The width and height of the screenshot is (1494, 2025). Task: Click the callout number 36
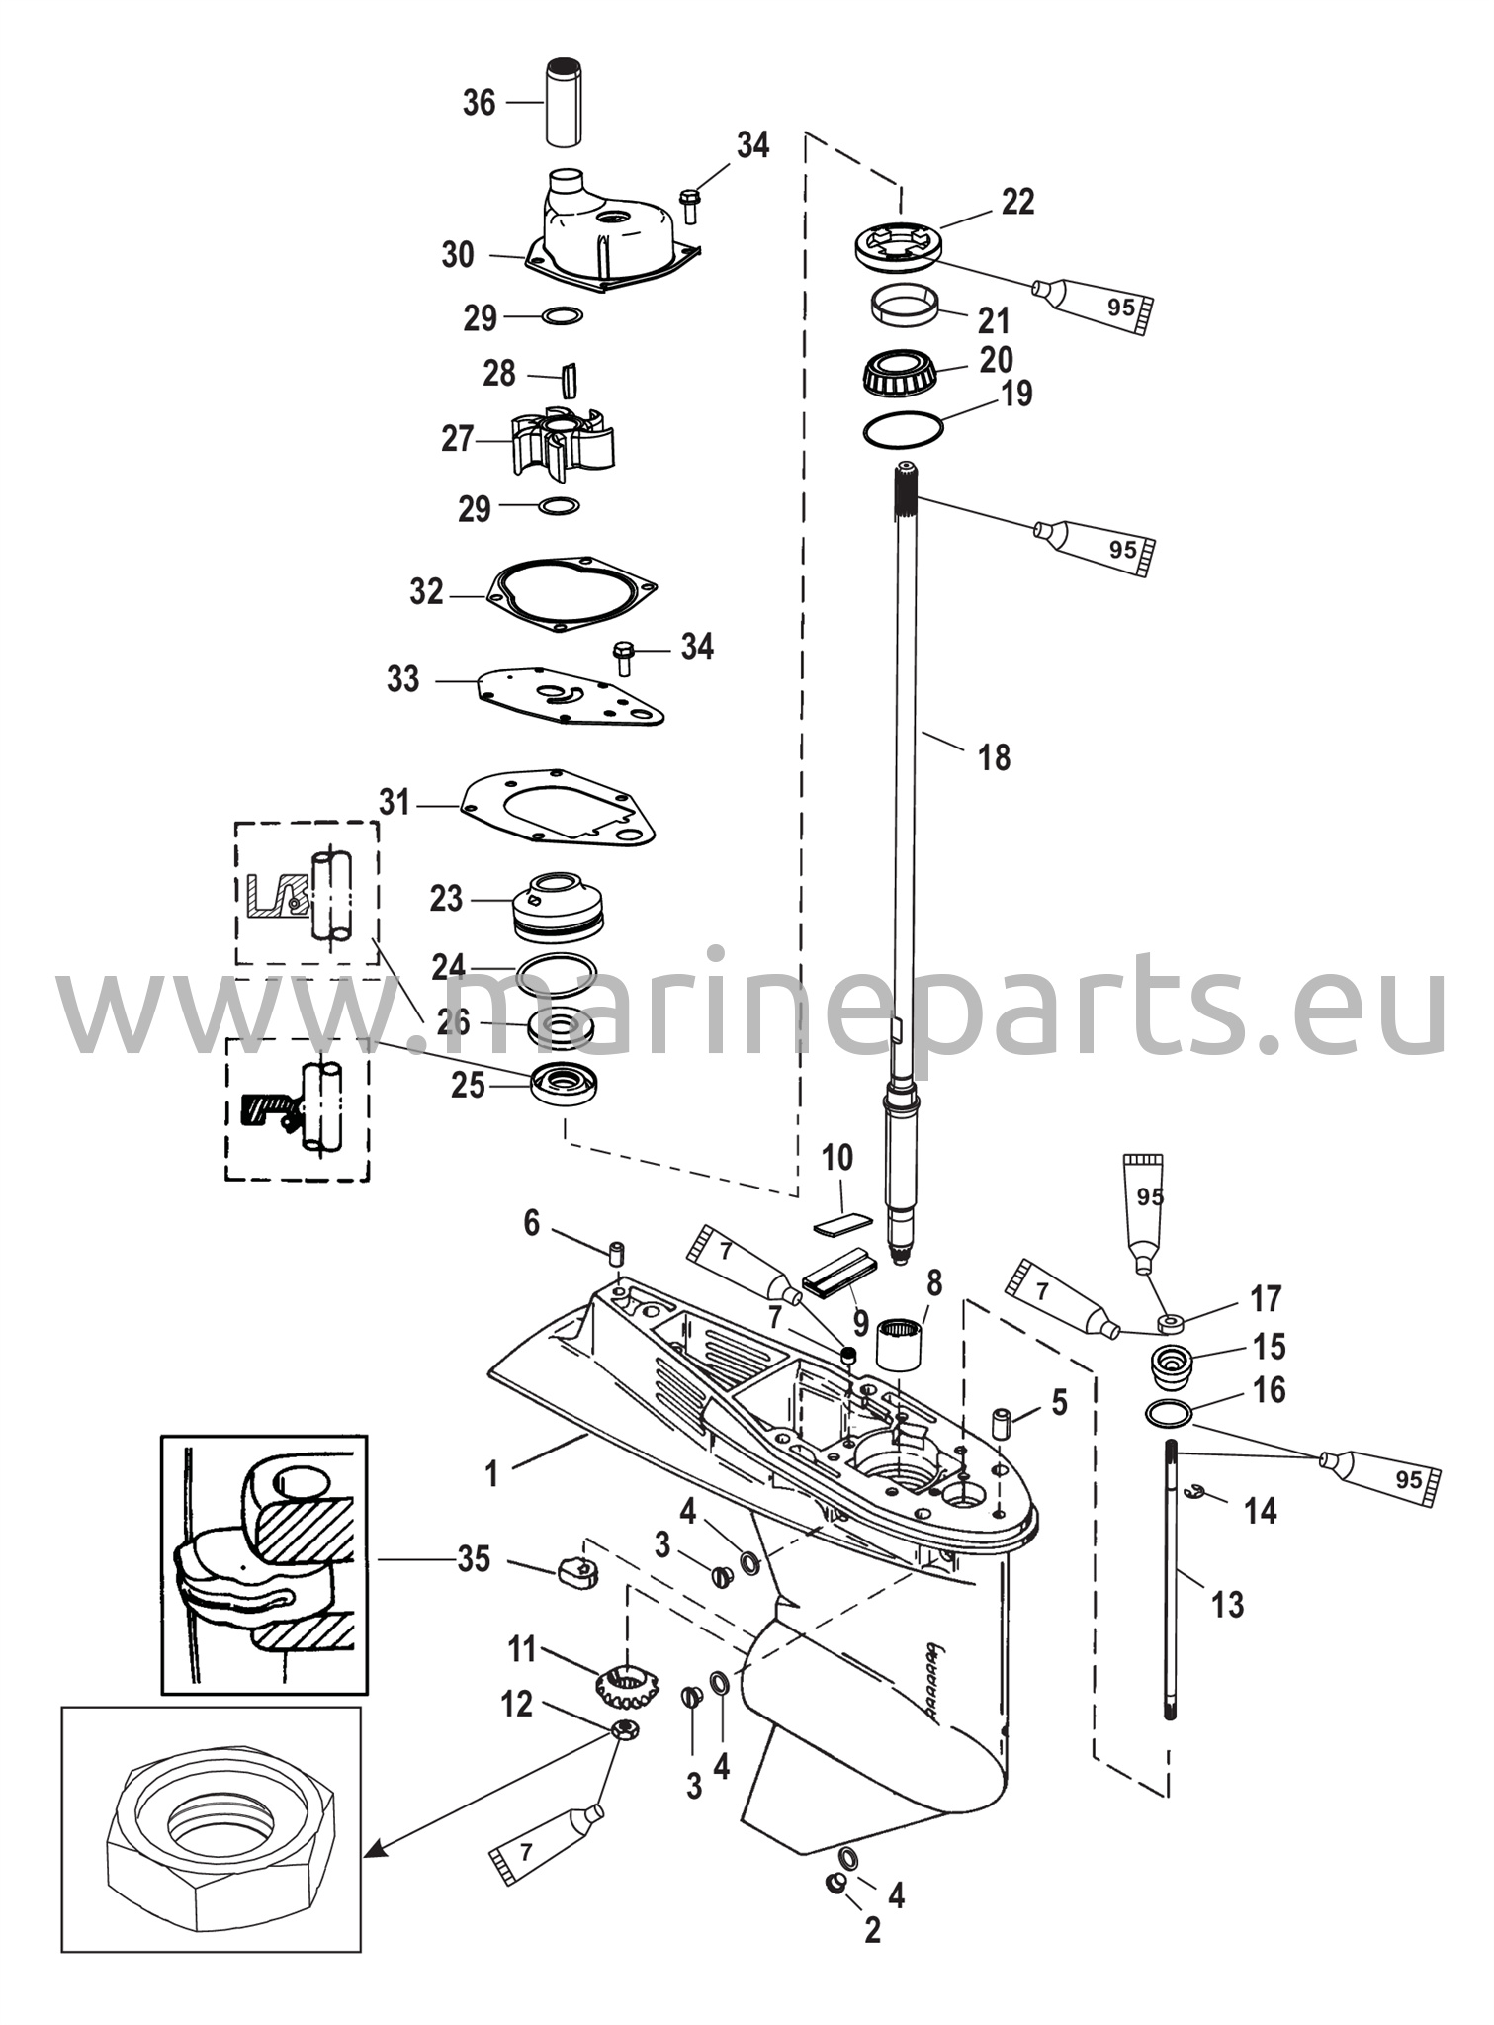click(479, 102)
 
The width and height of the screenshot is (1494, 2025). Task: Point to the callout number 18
click(994, 757)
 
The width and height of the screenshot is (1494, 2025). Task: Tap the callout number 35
click(474, 1559)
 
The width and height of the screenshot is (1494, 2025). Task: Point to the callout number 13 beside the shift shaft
click(1226, 1604)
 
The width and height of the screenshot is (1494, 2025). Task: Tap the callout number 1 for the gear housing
click(491, 1475)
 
